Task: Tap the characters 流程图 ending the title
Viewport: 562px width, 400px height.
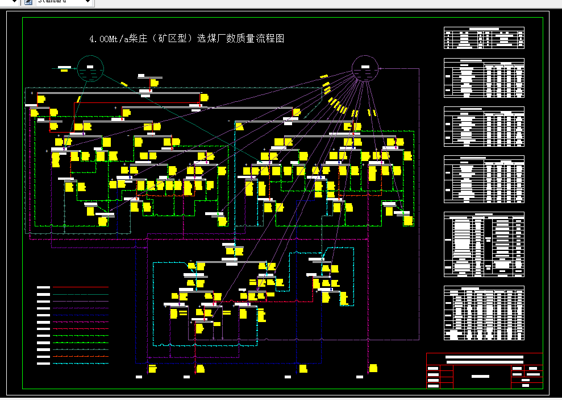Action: coord(271,39)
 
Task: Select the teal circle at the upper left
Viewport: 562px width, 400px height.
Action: coord(89,69)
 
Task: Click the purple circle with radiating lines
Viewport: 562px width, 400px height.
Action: coord(365,69)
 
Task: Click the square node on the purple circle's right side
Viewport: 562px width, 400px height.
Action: coord(380,68)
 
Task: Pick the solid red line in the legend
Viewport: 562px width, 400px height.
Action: coord(80,287)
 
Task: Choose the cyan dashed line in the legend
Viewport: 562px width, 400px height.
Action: coord(80,363)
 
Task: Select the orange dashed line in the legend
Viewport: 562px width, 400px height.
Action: coord(80,356)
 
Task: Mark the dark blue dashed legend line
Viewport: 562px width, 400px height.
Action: coord(80,315)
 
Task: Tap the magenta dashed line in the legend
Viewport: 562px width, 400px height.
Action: coord(80,321)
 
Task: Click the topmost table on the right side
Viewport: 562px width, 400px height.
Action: coord(484,38)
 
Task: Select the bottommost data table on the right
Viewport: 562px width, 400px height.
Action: coord(484,313)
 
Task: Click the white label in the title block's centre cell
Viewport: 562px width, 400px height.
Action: coord(481,376)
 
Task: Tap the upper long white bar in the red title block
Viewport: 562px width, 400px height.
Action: coord(485,357)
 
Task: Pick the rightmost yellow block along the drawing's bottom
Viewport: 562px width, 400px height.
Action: coord(373,368)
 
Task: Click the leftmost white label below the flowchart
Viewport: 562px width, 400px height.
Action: coord(139,377)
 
